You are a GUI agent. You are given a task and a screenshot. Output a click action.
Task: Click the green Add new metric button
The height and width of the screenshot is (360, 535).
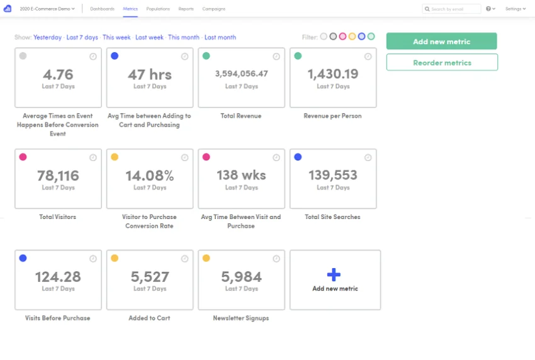[441, 42]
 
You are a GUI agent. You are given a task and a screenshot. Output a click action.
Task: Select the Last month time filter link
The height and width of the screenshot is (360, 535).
[220, 37]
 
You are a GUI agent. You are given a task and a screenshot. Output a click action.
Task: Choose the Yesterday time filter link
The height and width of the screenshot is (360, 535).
[47, 37]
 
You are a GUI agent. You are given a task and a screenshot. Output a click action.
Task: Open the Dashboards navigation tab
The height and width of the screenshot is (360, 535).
[103, 9]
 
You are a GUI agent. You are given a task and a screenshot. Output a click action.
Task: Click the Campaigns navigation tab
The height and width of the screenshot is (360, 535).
[213, 9]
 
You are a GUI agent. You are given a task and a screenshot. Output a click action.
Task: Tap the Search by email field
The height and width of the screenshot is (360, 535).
[451, 9]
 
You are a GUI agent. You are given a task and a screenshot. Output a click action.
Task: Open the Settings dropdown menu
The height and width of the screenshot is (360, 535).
[515, 9]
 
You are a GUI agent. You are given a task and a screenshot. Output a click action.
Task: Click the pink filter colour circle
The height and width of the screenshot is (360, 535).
[342, 36]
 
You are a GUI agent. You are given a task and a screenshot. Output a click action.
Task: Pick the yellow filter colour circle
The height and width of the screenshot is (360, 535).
[352, 36]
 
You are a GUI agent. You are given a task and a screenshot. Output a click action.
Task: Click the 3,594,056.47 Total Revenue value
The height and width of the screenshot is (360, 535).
[241, 74]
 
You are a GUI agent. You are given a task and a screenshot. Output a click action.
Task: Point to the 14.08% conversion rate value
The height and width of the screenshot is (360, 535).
[149, 176]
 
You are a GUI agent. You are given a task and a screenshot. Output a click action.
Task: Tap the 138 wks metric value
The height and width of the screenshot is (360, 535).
[241, 175]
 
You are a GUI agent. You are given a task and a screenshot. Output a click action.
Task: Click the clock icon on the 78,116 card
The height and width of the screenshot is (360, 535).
[93, 157]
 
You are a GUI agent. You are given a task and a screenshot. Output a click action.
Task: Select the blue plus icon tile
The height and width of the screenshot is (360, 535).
[334, 274]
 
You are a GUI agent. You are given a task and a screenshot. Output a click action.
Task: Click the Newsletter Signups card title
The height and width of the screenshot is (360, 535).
[241, 318]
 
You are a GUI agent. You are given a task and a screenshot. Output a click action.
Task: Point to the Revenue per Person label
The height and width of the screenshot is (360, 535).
[333, 116]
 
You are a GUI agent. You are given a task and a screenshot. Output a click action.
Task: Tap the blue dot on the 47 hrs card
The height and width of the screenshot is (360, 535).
[115, 56]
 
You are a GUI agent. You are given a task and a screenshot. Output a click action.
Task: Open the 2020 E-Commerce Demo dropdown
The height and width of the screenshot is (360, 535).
[47, 9]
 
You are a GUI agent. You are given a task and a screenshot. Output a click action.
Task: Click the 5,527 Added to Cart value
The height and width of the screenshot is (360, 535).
[150, 277]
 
